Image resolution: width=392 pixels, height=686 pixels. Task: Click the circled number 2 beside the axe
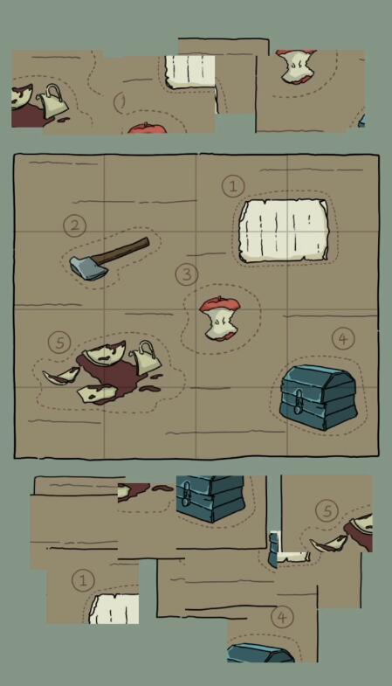[x=75, y=225]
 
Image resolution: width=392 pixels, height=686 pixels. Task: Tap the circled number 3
[x=187, y=274]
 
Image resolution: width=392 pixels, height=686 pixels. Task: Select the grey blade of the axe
[x=89, y=267]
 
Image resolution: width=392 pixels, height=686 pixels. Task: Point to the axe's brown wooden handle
[x=121, y=251]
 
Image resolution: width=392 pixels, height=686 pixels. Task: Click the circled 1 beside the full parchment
[x=233, y=186]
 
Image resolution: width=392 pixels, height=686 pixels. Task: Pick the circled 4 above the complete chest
[x=343, y=338]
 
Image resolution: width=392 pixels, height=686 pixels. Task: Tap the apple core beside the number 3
[x=220, y=318]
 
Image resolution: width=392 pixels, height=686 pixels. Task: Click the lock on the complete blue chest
[x=298, y=402]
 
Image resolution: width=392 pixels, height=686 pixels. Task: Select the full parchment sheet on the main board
[x=284, y=231]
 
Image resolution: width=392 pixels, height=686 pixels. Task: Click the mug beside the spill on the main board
[x=145, y=357]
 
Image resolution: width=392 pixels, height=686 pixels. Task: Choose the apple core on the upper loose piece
[x=297, y=66]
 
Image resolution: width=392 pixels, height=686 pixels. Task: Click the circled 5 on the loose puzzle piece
[x=327, y=510]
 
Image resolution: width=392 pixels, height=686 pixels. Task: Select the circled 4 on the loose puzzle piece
[x=282, y=617]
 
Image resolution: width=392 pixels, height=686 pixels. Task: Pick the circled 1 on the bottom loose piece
[x=83, y=580]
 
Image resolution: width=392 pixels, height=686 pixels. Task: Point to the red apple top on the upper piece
[x=148, y=128]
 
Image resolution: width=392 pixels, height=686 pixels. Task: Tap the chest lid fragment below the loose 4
[x=260, y=652]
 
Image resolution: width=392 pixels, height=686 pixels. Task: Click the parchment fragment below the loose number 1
[x=114, y=608]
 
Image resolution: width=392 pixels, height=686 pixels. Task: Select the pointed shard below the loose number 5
[x=327, y=544]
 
